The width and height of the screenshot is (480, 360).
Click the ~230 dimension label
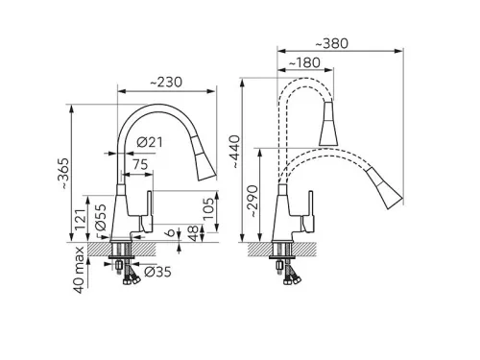coord(166,83)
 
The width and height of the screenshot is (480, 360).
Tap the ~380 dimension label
coord(332,44)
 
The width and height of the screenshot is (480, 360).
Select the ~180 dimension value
coord(304,62)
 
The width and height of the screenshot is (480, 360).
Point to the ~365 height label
coord(63,173)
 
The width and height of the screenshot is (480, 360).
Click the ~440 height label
coord(235,152)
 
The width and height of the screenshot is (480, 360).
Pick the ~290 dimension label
coord(252,202)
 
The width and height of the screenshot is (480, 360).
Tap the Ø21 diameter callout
coord(150,142)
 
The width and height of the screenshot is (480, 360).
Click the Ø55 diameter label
coord(101,218)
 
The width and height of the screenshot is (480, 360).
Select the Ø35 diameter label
coord(157,272)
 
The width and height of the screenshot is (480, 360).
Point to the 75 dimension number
coord(140,164)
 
